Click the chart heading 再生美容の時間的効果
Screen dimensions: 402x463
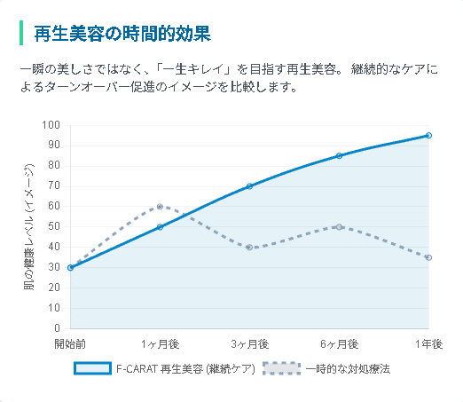pyautogui.click(x=122, y=35)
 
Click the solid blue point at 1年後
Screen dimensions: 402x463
pyautogui.click(x=428, y=136)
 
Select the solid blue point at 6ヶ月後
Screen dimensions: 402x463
pyautogui.click(x=339, y=156)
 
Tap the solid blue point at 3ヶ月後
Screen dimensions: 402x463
pyautogui.click(x=249, y=186)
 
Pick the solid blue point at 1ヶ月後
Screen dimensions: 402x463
pyautogui.click(x=160, y=227)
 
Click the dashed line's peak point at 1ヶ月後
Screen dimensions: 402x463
pyautogui.click(x=160, y=207)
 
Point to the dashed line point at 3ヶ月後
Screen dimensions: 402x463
pyautogui.click(x=249, y=248)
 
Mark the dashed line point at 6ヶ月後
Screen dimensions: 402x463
pyautogui.click(x=339, y=227)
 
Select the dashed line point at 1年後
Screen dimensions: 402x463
pyautogui.click(x=428, y=257)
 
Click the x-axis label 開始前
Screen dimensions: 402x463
pyautogui.click(x=70, y=343)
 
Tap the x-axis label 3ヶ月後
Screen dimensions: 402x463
pyautogui.click(x=249, y=343)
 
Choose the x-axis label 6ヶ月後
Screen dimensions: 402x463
pyautogui.click(x=339, y=343)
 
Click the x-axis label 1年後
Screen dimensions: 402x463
pyautogui.click(x=428, y=343)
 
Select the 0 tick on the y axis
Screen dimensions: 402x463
pyautogui.click(x=56, y=329)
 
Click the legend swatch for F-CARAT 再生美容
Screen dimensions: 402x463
pyautogui.click(x=91, y=368)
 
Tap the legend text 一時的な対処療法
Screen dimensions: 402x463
pyautogui.click(x=347, y=368)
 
